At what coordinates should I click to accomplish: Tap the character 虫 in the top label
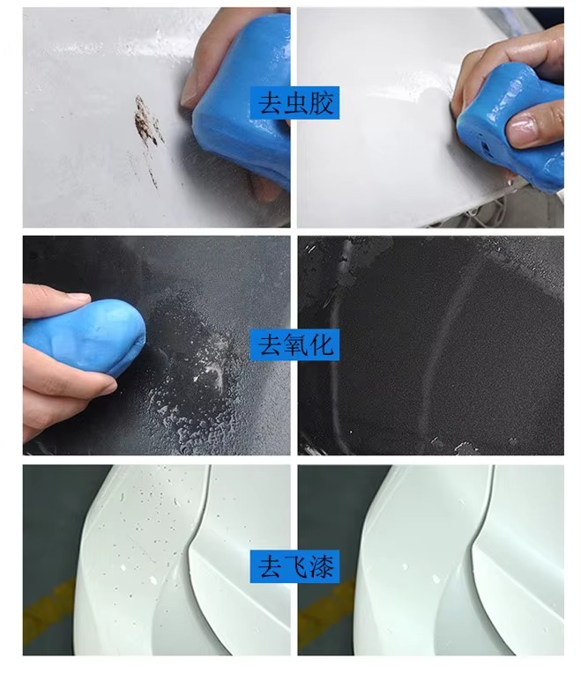(295, 103)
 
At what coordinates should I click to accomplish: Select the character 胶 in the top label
(321, 103)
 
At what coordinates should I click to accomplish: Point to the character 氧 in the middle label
(295, 345)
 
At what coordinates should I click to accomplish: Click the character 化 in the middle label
(321, 345)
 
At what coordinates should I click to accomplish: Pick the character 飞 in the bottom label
(295, 566)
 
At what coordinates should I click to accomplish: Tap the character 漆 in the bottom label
(321, 566)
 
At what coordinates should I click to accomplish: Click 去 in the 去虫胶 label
(269, 103)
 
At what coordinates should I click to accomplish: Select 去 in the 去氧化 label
(269, 345)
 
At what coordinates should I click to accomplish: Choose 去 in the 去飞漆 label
(269, 566)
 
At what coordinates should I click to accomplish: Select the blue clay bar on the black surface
(84, 336)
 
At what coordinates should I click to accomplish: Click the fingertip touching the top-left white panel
(189, 94)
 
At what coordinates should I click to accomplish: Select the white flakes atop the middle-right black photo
(348, 262)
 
